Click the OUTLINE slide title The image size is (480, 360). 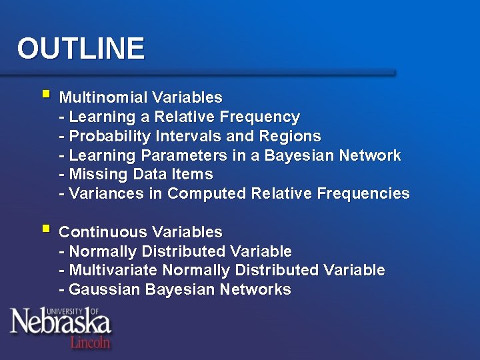(x=81, y=49)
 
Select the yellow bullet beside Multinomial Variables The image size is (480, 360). (x=45, y=95)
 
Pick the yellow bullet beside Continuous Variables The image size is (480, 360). (x=45, y=229)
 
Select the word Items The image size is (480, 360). (x=191, y=175)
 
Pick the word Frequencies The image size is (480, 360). (x=363, y=194)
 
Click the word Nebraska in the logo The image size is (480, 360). (x=60, y=324)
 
